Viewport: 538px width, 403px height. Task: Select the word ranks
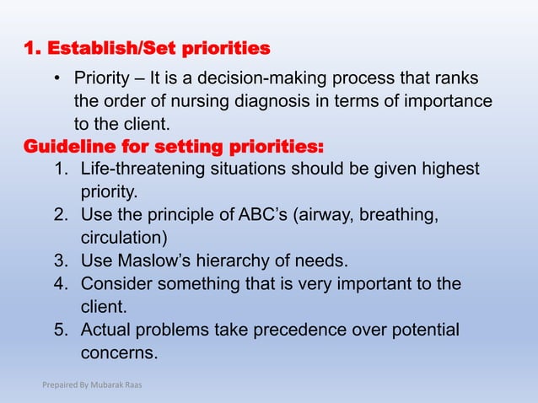(x=457, y=79)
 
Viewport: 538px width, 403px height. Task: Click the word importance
(x=447, y=102)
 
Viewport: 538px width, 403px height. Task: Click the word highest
(x=444, y=169)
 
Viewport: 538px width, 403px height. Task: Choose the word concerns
(x=119, y=351)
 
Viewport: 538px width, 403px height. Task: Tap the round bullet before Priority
(x=57, y=80)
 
